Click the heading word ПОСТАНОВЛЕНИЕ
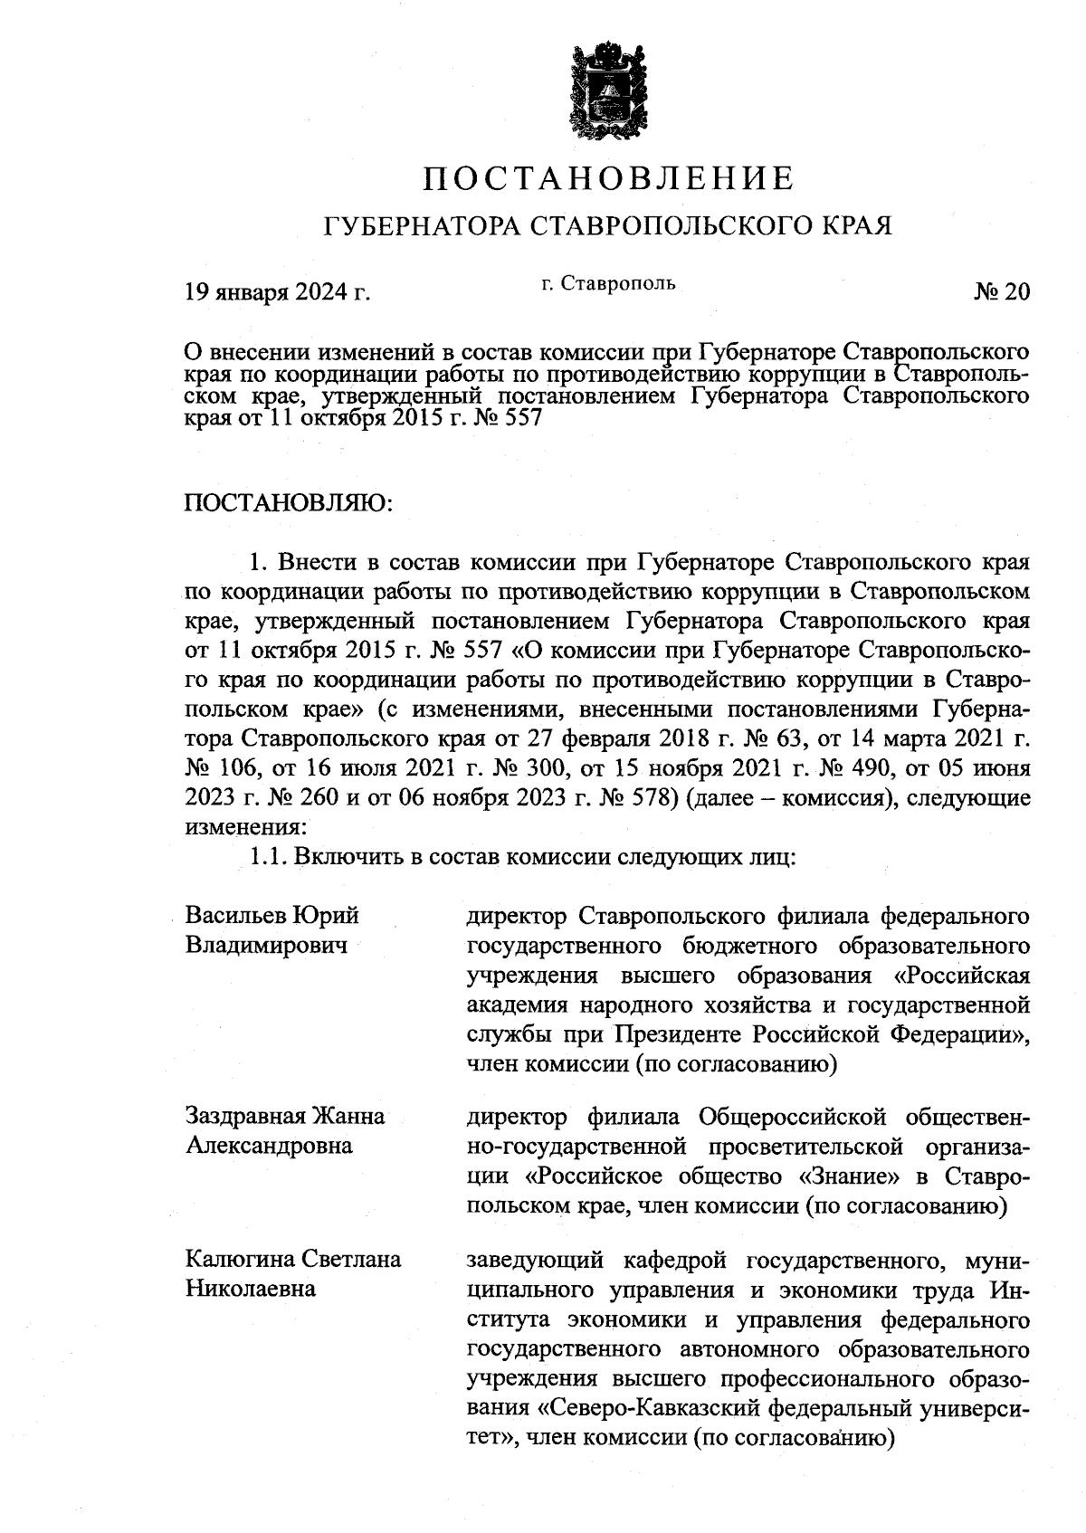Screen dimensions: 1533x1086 coord(610,178)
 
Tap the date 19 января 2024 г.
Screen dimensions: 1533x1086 coord(278,291)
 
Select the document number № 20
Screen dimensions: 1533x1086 coord(1002,291)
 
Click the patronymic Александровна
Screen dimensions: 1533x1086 coord(269,1146)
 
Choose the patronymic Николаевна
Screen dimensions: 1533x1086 coord(250,1289)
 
